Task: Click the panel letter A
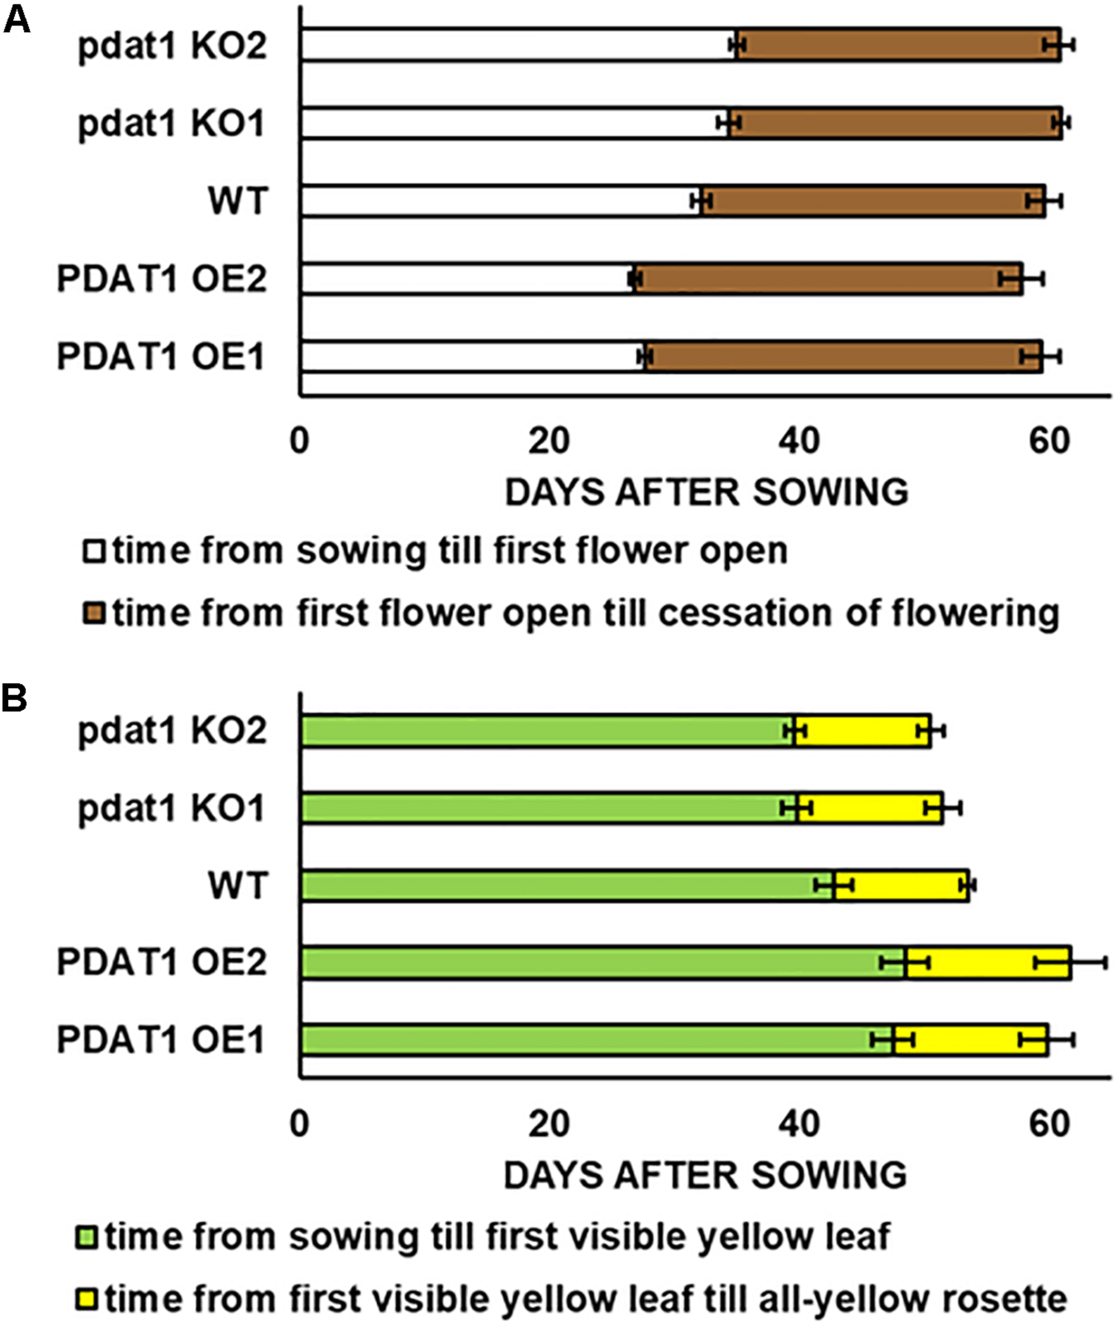click(17, 20)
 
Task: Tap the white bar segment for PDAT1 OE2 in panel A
click(466, 279)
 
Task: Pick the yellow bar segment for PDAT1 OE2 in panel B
click(989, 963)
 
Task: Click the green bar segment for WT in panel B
click(567, 885)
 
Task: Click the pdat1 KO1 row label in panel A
click(171, 124)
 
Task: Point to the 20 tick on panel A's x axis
click(549, 441)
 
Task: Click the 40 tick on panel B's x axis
click(799, 1124)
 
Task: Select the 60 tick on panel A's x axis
click(1050, 441)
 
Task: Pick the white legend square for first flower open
click(93, 550)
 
